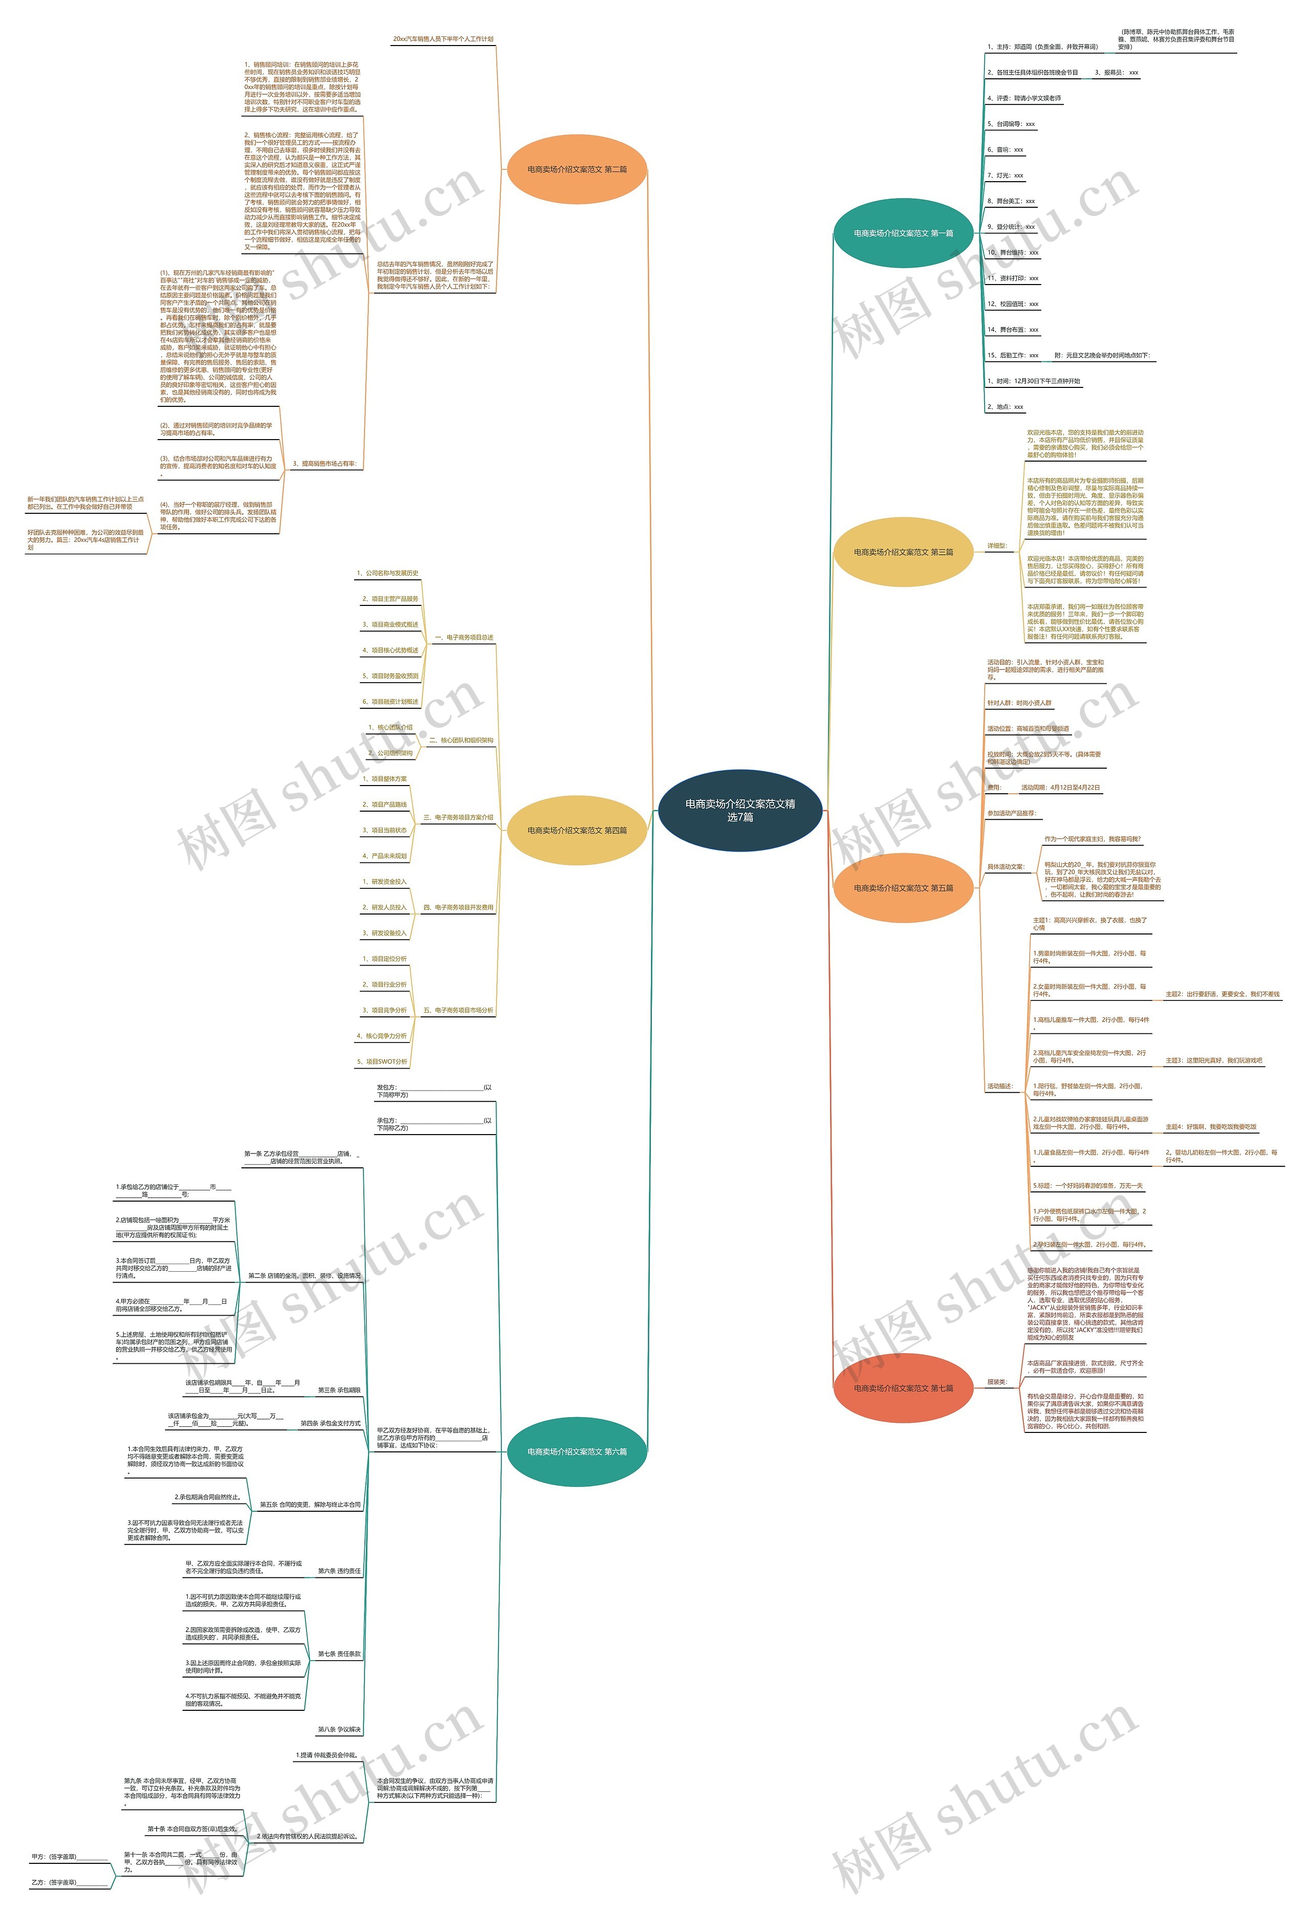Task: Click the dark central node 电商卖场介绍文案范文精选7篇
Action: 739,810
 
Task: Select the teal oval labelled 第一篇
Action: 903,233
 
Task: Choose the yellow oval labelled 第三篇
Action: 903,552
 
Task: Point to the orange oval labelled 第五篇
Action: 903,888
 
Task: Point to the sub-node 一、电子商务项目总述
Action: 464,638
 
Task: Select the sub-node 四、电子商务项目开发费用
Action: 458,907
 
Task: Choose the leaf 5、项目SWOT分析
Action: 382,1061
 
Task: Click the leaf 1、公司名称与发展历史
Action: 387,573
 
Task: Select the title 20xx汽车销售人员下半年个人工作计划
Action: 443,39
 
